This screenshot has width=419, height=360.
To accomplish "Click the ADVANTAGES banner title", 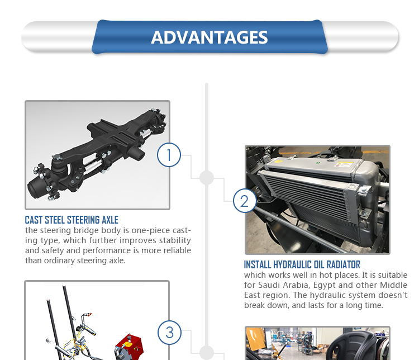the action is tap(209, 37).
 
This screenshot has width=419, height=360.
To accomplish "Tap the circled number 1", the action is tap(169, 155).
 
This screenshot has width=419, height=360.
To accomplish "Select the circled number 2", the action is tap(245, 201).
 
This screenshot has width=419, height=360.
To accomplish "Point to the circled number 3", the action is tap(169, 333).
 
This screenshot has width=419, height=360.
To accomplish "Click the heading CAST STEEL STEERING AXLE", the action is tap(72, 220).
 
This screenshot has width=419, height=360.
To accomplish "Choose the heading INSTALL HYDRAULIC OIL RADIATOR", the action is tap(302, 264).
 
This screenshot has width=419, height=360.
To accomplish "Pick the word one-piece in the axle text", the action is tap(151, 230).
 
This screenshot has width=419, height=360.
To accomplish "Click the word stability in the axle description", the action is tap(175, 240).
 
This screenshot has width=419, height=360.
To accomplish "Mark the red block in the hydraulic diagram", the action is tap(130, 346).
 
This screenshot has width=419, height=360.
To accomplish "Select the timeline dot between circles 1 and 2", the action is tap(207, 178).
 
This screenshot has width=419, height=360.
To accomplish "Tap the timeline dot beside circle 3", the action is tap(207, 353).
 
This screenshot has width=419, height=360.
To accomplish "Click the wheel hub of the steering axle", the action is tap(38, 187).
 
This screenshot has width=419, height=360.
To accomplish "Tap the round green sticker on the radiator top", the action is tap(318, 163).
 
